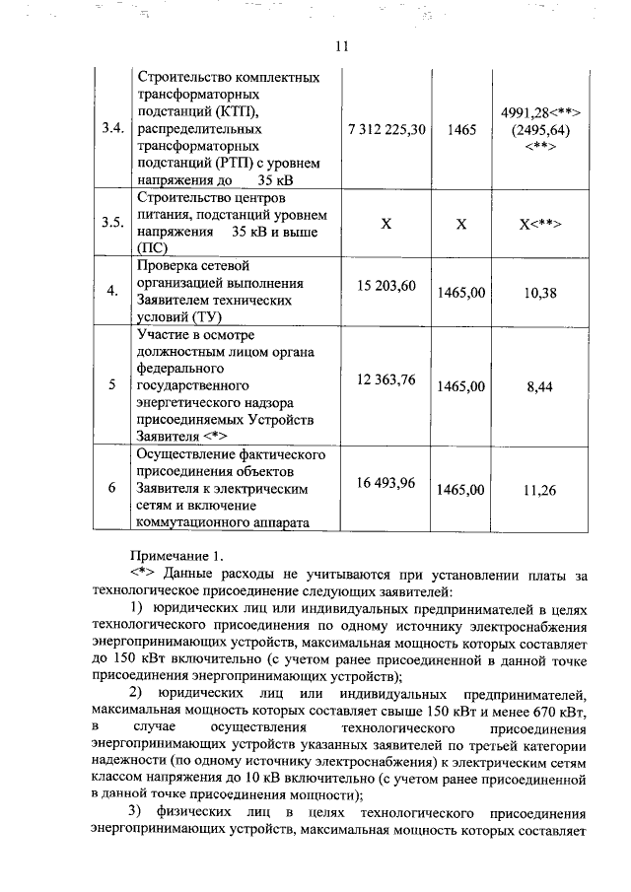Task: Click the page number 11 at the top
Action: pyautogui.click(x=342, y=45)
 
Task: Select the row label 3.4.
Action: pyautogui.click(x=111, y=128)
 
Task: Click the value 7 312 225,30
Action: pyautogui.click(x=387, y=128)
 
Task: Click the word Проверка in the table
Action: pyautogui.click(x=165, y=266)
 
